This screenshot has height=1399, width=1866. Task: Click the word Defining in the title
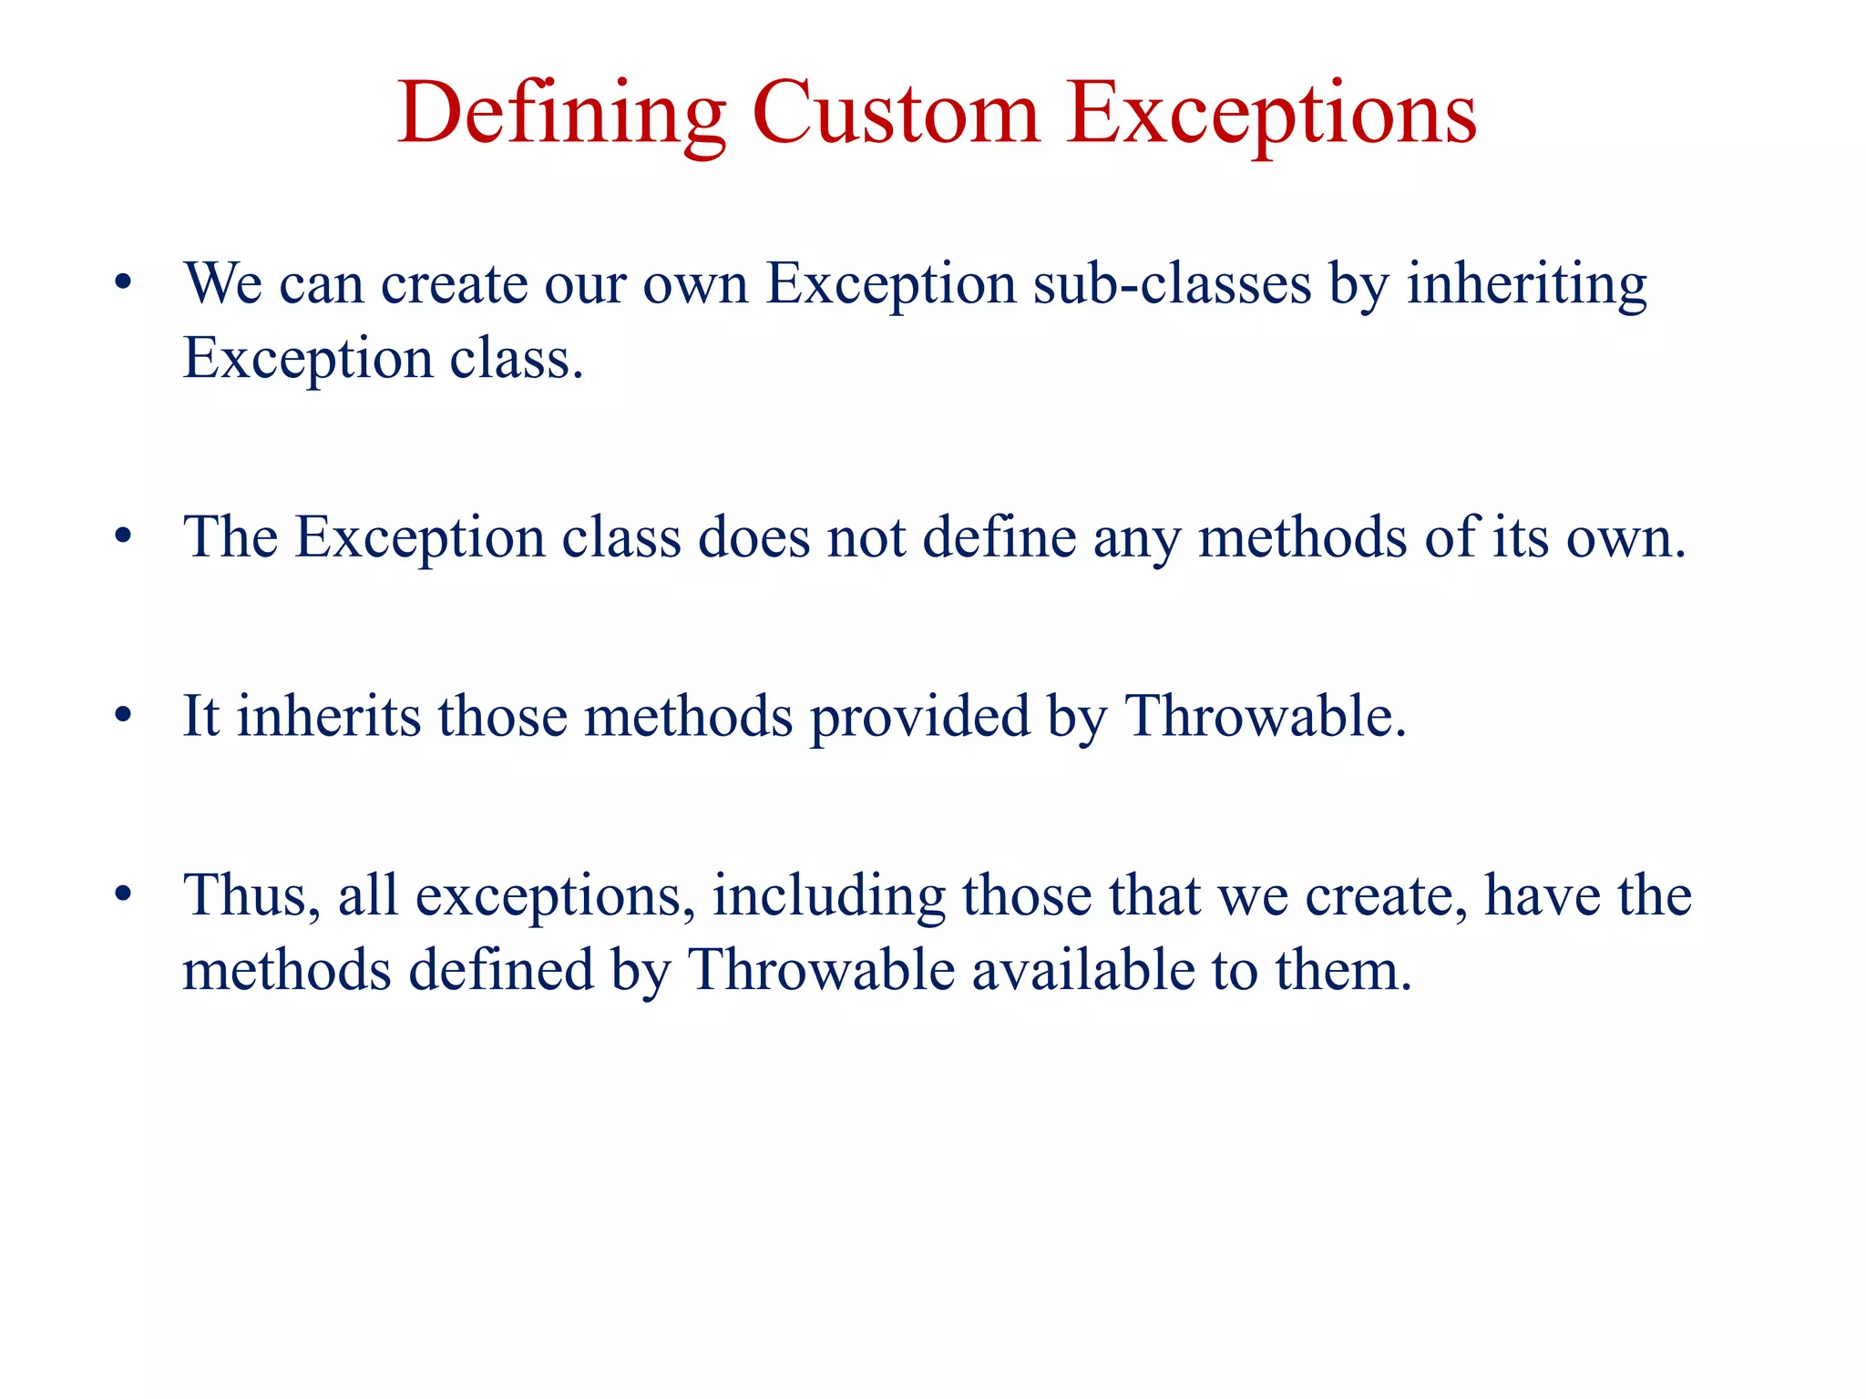click(561, 114)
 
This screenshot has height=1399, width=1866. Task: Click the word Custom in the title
click(896, 114)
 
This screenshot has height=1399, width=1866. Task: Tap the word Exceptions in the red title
click(1271, 114)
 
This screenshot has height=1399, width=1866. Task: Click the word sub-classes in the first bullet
click(1172, 283)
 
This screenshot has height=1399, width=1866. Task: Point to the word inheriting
click(1527, 283)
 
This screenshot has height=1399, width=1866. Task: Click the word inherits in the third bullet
click(329, 716)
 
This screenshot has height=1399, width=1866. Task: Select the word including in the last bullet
click(828, 896)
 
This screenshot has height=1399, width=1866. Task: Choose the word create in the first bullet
click(454, 283)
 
